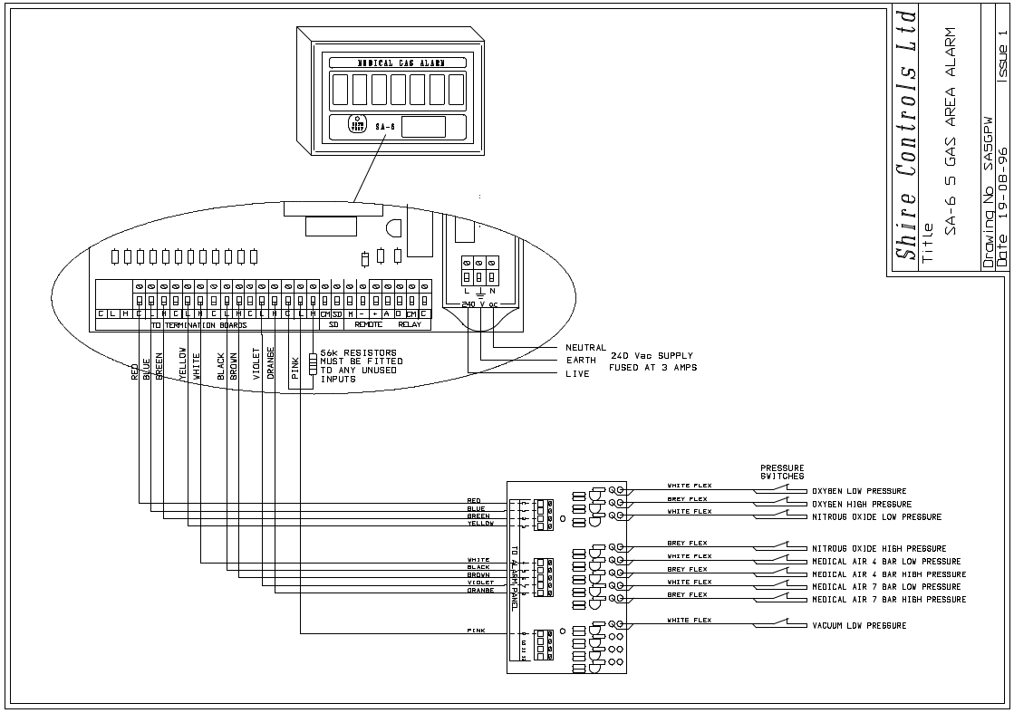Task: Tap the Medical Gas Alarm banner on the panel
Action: click(389, 63)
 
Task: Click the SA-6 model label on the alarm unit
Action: click(381, 126)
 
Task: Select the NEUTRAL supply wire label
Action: click(586, 348)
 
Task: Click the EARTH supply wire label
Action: click(581, 361)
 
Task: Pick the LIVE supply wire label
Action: click(577, 373)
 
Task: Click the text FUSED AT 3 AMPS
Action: click(653, 368)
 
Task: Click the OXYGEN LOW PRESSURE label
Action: click(859, 491)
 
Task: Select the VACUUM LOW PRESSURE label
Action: click(859, 626)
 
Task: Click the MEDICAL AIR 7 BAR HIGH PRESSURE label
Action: click(889, 600)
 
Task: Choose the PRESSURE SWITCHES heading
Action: click(782, 472)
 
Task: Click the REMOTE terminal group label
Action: click(369, 324)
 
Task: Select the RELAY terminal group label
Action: click(410, 324)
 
